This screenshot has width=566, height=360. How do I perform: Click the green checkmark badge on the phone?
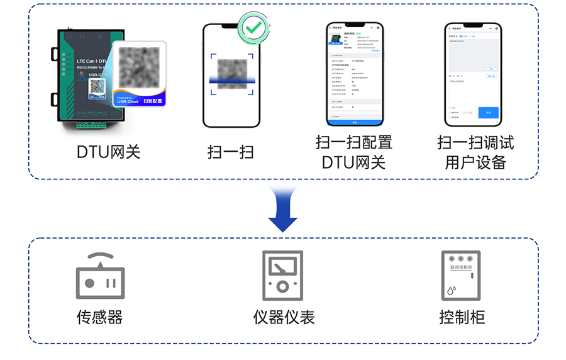pyautogui.click(x=253, y=27)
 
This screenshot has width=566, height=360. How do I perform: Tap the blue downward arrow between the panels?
pyautogui.click(x=282, y=210)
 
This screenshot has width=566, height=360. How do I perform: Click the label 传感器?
pyautogui.click(x=99, y=317)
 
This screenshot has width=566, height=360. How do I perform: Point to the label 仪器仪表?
pyautogui.click(x=284, y=317)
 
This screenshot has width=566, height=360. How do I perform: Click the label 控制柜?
pyautogui.click(x=462, y=317)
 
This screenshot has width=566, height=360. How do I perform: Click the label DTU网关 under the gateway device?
pyautogui.click(x=109, y=152)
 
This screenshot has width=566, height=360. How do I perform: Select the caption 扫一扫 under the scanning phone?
pyautogui.click(x=231, y=152)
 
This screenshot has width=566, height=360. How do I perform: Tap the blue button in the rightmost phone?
pyautogui.click(x=488, y=113)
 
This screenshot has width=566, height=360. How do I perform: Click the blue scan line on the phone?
pyautogui.click(x=231, y=79)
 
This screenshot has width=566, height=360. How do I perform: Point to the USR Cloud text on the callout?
pyautogui.click(x=128, y=101)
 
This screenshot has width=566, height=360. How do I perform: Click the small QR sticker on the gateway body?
pyautogui.click(x=96, y=90)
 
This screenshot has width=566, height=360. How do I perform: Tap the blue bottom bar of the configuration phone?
pyautogui.click(x=354, y=122)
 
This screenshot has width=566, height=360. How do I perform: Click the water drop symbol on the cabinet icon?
pyautogui.click(x=452, y=290)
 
